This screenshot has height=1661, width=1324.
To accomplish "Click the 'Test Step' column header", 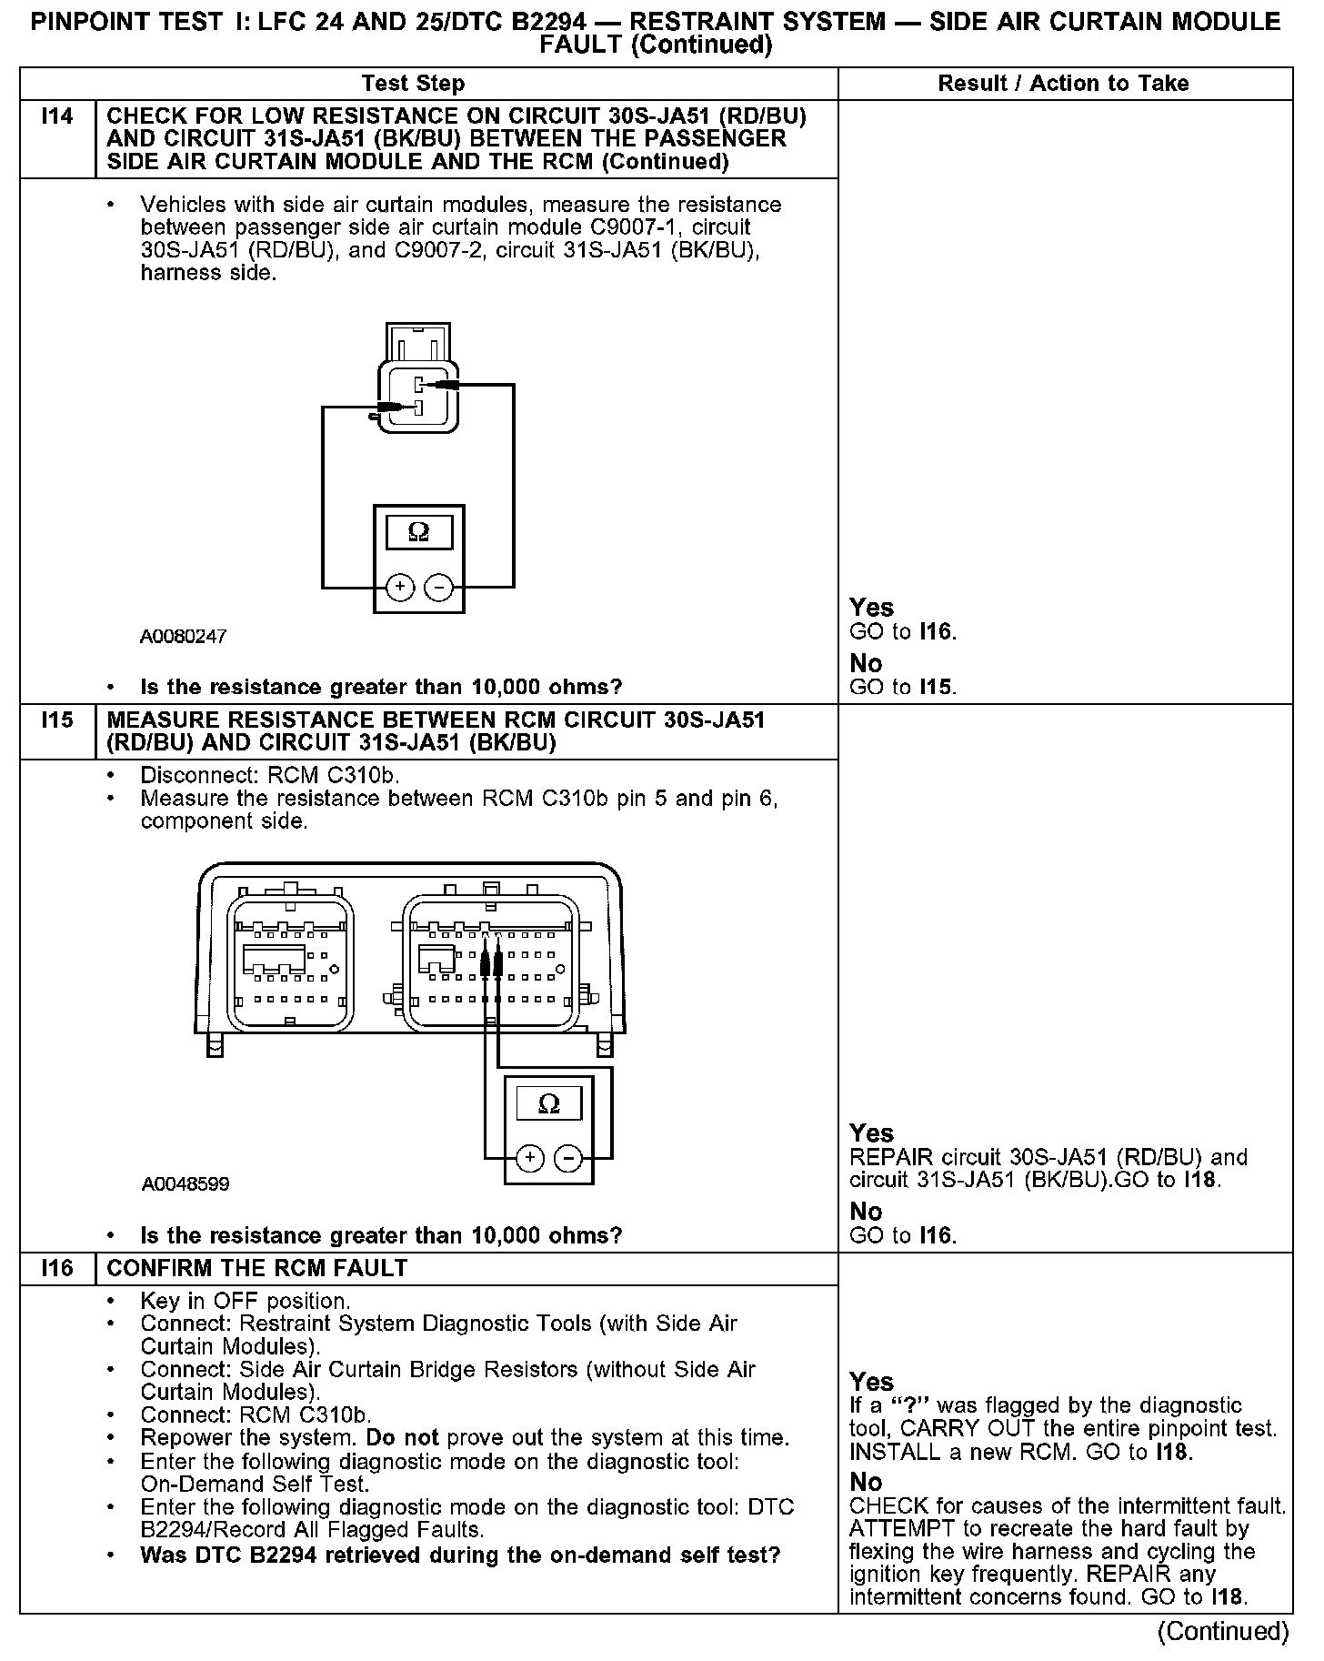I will click(413, 84).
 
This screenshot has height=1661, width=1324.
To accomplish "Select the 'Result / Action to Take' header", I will click(1063, 84).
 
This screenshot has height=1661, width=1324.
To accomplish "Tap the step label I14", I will click(57, 116).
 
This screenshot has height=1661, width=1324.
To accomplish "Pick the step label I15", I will click(57, 720).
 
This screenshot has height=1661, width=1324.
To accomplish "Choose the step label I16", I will click(57, 1268).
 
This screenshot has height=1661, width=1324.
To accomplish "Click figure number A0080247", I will click(183, 637).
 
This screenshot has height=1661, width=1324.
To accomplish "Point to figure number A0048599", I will click(186, 1184).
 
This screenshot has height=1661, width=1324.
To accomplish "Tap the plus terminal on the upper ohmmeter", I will click(399, 588).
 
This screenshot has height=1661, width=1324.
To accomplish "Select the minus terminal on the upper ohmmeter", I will click(438, 588).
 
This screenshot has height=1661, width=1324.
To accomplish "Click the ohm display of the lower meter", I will click(549, 1103).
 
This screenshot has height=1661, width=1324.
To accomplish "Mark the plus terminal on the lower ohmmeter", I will click(529, 1158).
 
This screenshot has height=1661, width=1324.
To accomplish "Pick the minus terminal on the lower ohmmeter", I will click(568, 1158).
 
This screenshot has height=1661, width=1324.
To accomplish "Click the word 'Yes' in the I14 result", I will click(871, 608).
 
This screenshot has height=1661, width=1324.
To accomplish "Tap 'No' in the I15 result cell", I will click(866, 1212).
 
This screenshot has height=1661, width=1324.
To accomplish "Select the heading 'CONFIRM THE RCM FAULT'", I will click(257, 1268).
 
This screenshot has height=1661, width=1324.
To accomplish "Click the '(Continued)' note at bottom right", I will click(1223, 1631).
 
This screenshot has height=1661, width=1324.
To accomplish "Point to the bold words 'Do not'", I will click(402, 1438).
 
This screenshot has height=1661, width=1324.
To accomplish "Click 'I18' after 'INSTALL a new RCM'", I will click(1171, 1452).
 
